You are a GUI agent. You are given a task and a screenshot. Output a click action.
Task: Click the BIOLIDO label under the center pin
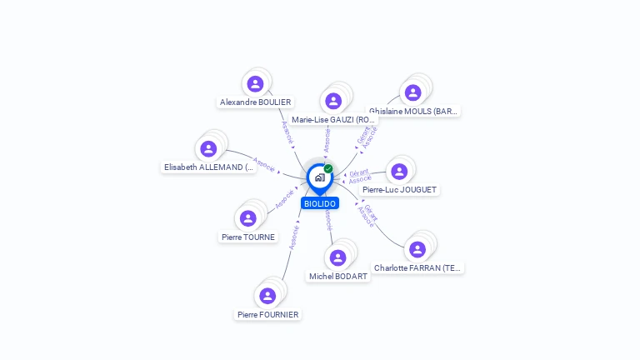pyautogui.click(x=320, y=203)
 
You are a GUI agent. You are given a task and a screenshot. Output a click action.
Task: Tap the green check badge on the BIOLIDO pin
pyautogui.click(x=328, y=169)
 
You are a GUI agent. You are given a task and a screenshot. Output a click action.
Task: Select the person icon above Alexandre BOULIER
pyautogui.click(x=255, y=83)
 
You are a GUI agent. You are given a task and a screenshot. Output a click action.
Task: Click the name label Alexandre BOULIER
pyautogui.click(x=255, y=102)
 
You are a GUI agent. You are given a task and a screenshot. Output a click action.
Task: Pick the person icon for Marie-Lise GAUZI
pyautogui.click(x=333, y=101)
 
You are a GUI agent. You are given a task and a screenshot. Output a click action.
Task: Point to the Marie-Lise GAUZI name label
pyautogui.click(x=333, y=120)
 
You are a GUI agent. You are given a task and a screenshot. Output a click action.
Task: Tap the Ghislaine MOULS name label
pyautogui.click(x=414, y=111)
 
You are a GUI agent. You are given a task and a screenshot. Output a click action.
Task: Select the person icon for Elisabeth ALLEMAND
pyautogui.click(x=208, y=148)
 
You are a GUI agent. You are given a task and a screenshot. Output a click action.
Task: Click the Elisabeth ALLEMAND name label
pyautogui.click(x=209, y=167)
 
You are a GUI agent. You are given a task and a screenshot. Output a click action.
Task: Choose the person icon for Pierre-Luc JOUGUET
pyautogui.click(x=398, y=171)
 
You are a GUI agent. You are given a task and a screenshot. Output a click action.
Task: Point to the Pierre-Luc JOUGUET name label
pyautogui.click(x=400, y=190)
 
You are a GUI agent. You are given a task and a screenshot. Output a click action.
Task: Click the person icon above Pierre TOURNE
pyautogui.click(x=247, y=218)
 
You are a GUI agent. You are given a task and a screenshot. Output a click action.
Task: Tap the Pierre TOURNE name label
pyautogui.click(x=248, y=237)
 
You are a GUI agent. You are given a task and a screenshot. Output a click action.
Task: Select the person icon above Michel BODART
pyautogui.click(x=337, y=257)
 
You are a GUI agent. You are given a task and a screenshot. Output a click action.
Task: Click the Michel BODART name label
pyautogui.click(x=338, y=277)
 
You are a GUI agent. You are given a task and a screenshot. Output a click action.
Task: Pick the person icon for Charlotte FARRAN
pyautogui.click(x=417, y=249)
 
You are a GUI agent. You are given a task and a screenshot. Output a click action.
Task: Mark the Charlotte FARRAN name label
pyautogui.click(x=417, y=268)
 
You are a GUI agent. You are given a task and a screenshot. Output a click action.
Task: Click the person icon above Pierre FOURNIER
pyautogui.click(x=267, y=295)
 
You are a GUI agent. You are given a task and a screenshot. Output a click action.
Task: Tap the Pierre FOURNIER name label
pyautogui.click(x=267, y=315)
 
